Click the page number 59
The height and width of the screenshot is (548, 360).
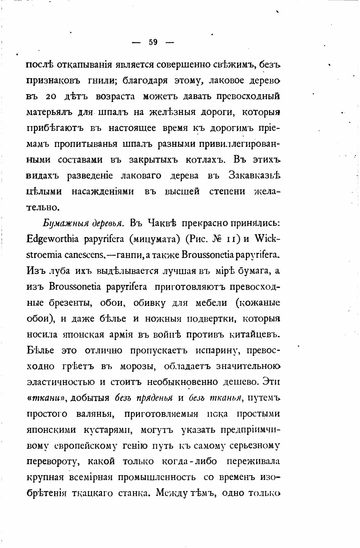coord(153,42)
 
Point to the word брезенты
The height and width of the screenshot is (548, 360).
coord(70,303)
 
